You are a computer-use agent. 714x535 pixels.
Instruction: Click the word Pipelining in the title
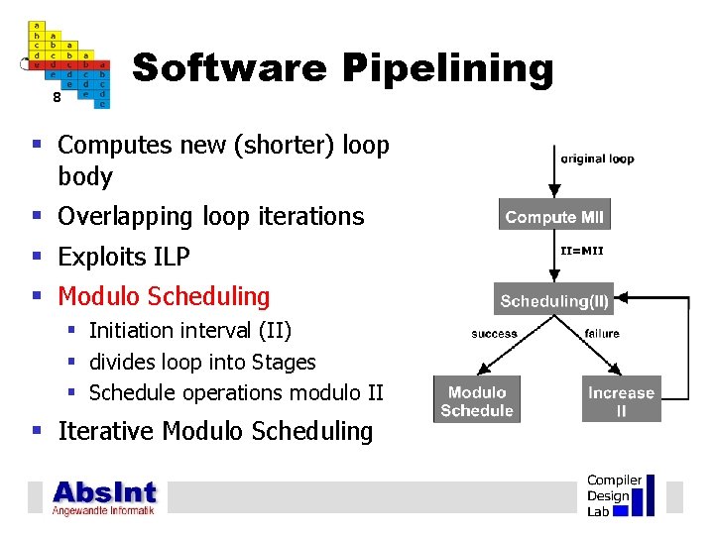(x=447, y=69)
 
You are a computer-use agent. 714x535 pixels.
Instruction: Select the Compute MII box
(x=553, y=217)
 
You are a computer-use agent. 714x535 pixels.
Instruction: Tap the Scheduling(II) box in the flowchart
(x=554, y=300)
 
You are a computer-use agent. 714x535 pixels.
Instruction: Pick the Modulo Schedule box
(x=477, y=401)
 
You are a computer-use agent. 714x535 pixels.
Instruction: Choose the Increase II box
(x=621, y=401)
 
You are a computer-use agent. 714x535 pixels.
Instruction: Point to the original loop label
(x=597, y=159)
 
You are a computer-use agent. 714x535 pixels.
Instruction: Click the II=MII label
(x=581, y=251)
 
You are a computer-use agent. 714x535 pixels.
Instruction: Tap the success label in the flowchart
(x=494, y=334)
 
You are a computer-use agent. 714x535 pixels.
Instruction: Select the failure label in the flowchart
(x=602, y=334)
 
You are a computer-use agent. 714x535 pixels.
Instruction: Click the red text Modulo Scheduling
(x=164, y=296)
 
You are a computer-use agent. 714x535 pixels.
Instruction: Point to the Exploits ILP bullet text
(x=124, y=257)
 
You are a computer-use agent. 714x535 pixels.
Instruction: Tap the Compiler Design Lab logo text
(x=614, y=495)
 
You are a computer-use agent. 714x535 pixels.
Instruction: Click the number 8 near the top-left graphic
(x=57, y=98)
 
